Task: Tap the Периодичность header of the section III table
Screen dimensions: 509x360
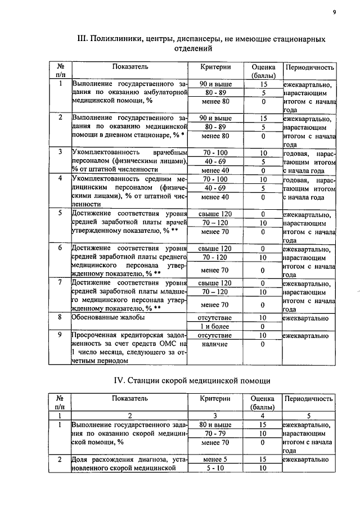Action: point(310,67)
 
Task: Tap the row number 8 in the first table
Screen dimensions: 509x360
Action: point(60,318)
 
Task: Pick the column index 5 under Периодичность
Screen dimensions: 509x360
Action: point(310,416)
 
